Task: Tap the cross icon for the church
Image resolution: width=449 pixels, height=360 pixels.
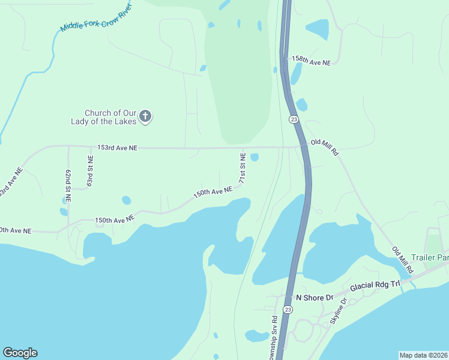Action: pos(145,116)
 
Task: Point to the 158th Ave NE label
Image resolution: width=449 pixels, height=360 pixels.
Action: pos(311,61)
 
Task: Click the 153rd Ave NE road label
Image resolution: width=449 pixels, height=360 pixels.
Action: pos(118,147)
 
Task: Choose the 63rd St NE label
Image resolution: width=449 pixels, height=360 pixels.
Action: pos(90,170)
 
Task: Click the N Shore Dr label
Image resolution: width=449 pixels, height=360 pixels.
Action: pos(315,297)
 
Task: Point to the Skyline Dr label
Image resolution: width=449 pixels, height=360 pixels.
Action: pos(339,311)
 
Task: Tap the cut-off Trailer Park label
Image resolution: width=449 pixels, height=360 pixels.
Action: pos(435,258)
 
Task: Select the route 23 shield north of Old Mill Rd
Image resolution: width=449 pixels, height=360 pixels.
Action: pos(293,119)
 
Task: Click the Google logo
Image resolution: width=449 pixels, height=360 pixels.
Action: pos(20,353)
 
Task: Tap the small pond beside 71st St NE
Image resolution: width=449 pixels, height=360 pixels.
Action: pos(255,157)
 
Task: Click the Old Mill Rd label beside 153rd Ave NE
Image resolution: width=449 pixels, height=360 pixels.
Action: pos(325,148)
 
